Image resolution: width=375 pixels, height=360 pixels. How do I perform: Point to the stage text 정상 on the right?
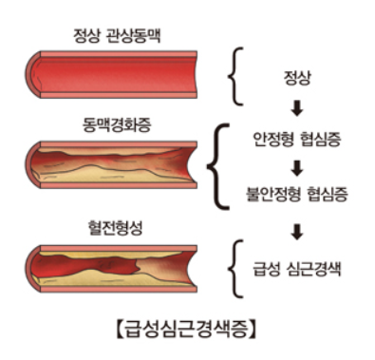pos(298,73)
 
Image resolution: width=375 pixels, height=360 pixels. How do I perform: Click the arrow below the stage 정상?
pos(298,105)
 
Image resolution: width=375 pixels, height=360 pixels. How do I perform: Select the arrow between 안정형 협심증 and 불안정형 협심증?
pos(298,168)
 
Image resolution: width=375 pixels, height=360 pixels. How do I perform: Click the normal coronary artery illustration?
pos(114,76)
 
